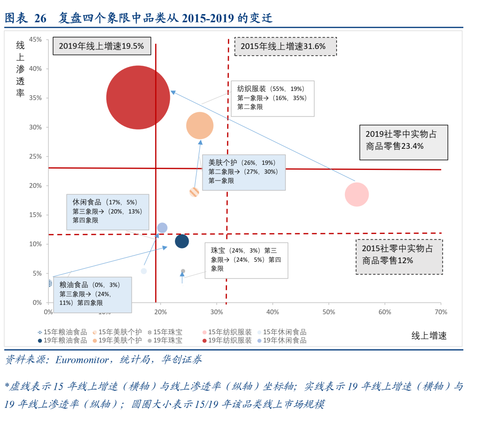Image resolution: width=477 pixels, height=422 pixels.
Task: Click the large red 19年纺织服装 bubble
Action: click(138, 98)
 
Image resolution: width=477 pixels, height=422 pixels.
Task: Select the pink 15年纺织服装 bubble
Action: click(356, 194)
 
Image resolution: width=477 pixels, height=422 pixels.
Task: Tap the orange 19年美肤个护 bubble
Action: click(200, 126)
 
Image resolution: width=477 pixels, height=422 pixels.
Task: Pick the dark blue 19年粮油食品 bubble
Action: click(182, 241)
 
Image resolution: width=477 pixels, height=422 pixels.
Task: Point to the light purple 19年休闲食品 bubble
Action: click(162, 228)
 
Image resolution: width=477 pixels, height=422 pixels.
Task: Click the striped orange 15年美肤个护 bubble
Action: click(194, 192)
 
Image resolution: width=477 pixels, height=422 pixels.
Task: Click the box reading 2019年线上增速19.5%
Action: click(102, 46)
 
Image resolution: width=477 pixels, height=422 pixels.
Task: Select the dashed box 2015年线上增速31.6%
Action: click(285, 46)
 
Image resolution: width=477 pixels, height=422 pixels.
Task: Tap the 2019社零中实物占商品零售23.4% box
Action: click(403, 140)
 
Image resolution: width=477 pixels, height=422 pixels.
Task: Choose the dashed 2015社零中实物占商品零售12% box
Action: click(399, 255)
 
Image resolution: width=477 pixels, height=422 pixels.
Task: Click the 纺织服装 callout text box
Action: click(273, 98)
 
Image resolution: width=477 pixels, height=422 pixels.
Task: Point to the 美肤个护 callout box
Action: click(243, 171)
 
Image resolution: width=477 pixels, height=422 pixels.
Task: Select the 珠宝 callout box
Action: click(246, 260)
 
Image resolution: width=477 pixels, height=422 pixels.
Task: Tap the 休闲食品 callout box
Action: click(108, 211)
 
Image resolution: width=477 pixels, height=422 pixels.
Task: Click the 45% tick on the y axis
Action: click(35, 39)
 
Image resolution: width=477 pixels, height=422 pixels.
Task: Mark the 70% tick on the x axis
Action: click(441, 312)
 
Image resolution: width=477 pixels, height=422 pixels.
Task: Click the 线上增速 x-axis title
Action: click(429, 335)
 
